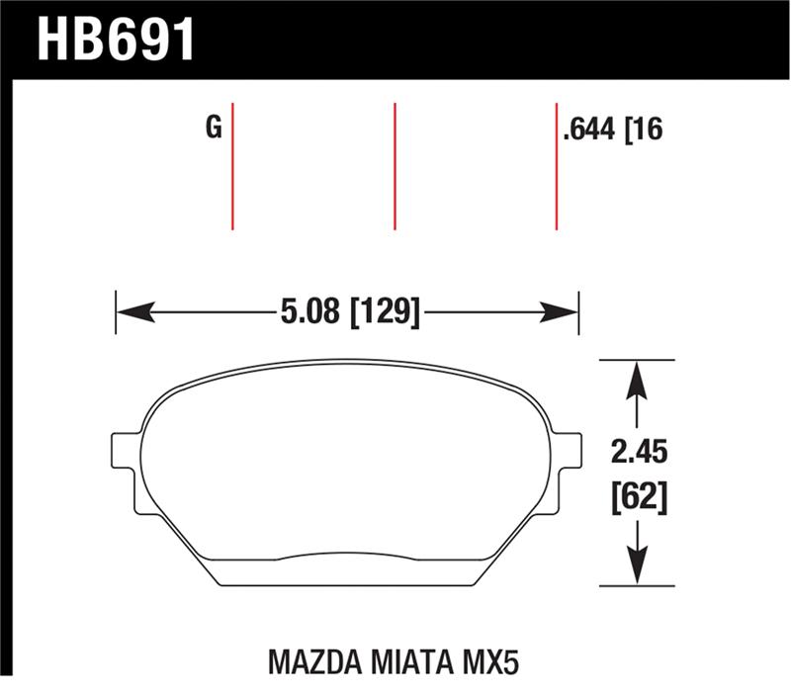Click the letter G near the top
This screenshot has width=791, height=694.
coord(213,128)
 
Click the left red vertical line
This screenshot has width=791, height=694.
coord(232,165)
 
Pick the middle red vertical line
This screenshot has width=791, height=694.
coord(395,165)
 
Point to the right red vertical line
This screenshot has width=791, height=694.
coord(557,165)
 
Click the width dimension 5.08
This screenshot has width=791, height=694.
coord(310,313)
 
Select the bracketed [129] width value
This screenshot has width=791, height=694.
coord(386,313)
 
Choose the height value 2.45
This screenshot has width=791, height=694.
coord(639,454)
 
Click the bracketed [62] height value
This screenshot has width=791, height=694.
coord(639,497)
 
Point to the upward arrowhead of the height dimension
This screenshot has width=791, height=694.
coord(638,377)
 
